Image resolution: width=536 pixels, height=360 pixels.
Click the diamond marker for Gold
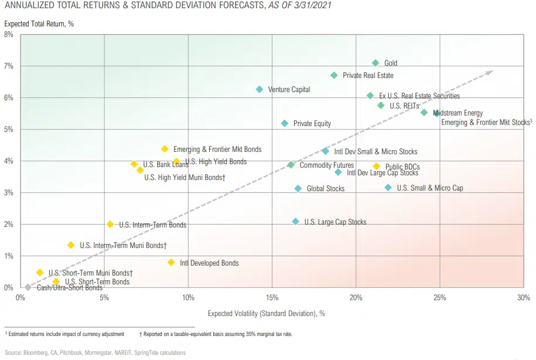[x=375, y=63]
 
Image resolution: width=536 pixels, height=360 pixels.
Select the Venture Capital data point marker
[x=260, y=89]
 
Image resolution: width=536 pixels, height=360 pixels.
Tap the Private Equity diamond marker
[x=285, y=123]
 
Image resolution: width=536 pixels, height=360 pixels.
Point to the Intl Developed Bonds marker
[x=171, y=263]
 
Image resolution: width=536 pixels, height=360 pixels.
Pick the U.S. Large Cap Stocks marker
[x=296, y=222]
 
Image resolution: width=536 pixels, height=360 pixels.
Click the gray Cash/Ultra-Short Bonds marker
[x=28, y=287]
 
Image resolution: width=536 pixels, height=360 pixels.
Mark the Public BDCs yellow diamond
[x=377, y=167]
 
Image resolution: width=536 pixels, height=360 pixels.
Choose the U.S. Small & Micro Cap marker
[x=388, y=188]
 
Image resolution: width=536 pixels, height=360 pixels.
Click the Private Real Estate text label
[x=368, y=76]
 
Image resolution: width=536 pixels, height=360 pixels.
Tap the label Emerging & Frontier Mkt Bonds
[x=217, y=150]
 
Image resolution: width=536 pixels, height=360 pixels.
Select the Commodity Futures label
[x=326, y=165]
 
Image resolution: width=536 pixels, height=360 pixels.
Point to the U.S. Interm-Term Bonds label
[x=152, y=225]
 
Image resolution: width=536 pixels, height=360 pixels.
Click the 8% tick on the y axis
[x=9, y=35]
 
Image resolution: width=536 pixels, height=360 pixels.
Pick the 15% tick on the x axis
[x=272, y=298]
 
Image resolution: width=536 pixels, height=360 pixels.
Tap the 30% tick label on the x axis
[x=523, y=298]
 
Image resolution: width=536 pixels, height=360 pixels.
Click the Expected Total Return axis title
[x=39, y=24]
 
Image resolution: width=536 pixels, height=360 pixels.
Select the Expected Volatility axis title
[x=266, y=314]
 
